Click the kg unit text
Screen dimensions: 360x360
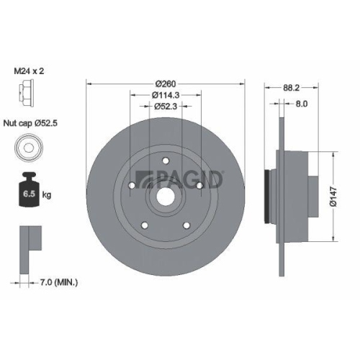coord(47,195)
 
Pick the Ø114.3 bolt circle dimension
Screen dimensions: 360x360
coord(166,95)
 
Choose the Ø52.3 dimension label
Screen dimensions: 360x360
coord(166,107)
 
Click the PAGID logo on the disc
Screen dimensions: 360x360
coord(179,179)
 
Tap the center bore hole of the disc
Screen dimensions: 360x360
coord(166,196)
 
